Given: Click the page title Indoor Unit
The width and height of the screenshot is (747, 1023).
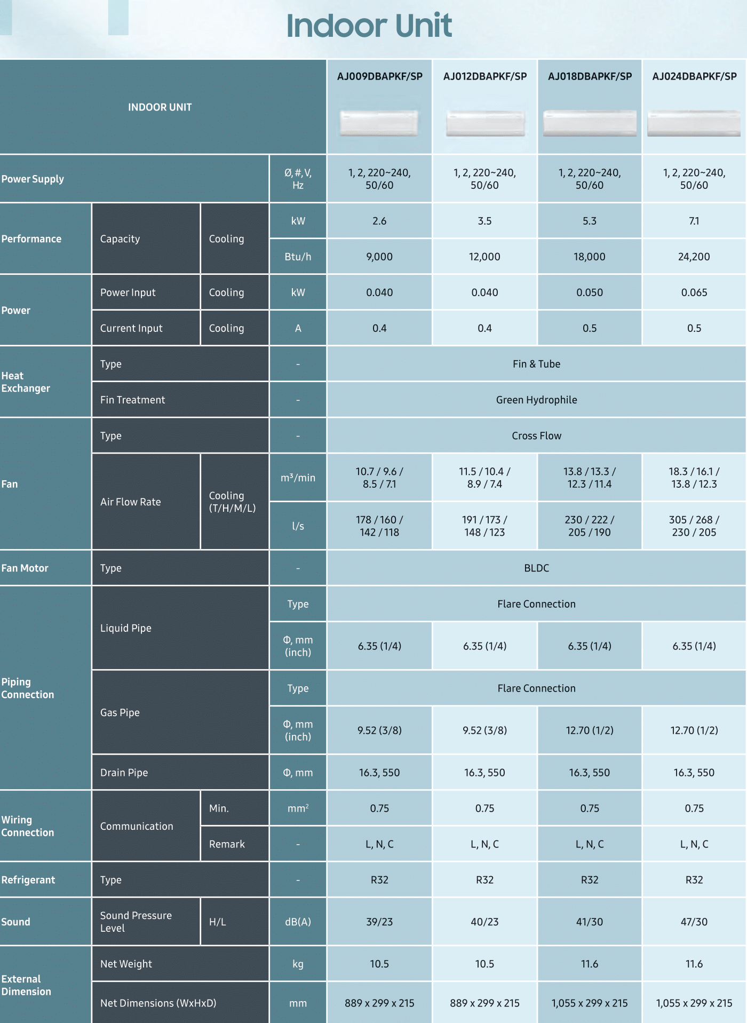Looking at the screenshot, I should [369, 26].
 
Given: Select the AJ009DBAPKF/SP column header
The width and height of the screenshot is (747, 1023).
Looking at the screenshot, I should [379, 76].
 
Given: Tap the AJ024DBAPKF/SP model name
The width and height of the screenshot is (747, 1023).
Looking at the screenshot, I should [694, 76].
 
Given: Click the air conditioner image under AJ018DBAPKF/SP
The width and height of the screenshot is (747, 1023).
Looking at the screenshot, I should [590, 123].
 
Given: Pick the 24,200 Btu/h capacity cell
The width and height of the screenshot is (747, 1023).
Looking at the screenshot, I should [694, 257].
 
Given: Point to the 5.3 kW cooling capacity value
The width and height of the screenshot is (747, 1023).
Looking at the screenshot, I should [589, 221].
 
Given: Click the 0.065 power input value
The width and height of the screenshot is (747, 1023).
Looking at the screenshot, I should [694, 292].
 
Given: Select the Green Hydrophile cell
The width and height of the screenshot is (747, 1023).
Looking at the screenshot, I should [536, 400].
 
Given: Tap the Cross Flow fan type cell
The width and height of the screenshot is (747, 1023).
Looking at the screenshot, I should [536, 435].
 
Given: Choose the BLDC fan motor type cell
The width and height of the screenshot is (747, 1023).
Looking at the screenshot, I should [536, 568].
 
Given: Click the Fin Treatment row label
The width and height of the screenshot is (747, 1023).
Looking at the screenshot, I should [133, 400].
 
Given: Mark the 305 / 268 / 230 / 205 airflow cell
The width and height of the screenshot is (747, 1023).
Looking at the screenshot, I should [694, 526].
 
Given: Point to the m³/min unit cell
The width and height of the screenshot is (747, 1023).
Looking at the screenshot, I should [298, 478].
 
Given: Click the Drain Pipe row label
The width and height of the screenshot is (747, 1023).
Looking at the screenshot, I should [124, 772].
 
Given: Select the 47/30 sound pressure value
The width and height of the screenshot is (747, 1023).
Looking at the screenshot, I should [694, 922].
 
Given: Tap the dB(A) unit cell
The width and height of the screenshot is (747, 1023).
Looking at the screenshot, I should [298, 922].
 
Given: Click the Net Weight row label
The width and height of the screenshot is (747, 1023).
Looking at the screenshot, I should [126, 964].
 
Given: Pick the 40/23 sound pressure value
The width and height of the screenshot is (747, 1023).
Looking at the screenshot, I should [484, 922].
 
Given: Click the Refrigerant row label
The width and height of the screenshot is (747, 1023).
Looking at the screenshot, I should [28, 879].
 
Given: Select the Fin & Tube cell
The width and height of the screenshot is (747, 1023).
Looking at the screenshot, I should [536, 364].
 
